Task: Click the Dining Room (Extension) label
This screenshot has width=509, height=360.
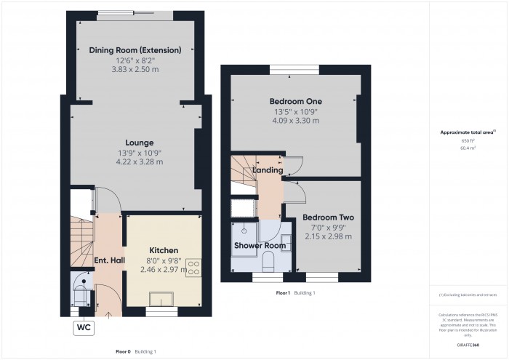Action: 135,49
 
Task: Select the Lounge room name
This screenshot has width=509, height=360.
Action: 135,143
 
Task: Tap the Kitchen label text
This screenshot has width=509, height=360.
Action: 164,250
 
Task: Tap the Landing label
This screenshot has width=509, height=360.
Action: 268,170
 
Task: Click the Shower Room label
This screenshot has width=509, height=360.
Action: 259,245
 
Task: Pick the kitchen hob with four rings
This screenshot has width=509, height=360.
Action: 193,267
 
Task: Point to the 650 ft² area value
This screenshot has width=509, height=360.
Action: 468,140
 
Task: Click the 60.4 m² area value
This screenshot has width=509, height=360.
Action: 468,147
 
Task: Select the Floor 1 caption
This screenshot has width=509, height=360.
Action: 284,292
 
